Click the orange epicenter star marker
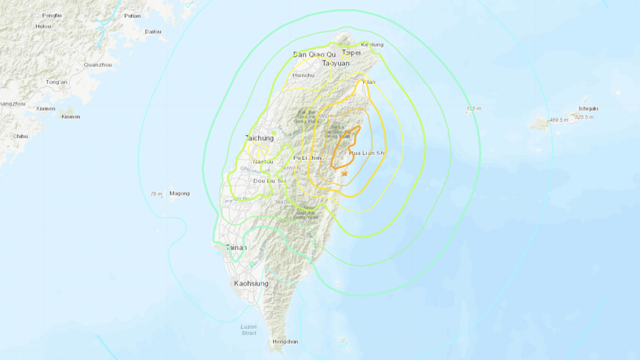344,173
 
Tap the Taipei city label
351,53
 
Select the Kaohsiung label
252,283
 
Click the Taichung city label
259,138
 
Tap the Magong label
179,194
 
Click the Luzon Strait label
248,330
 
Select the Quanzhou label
97,64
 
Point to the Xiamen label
46,108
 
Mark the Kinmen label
71,117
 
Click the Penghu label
52,15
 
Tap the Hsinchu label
304,75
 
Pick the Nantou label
263,162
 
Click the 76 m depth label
156,194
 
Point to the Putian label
132,16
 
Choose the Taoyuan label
336,63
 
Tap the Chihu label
21,136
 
